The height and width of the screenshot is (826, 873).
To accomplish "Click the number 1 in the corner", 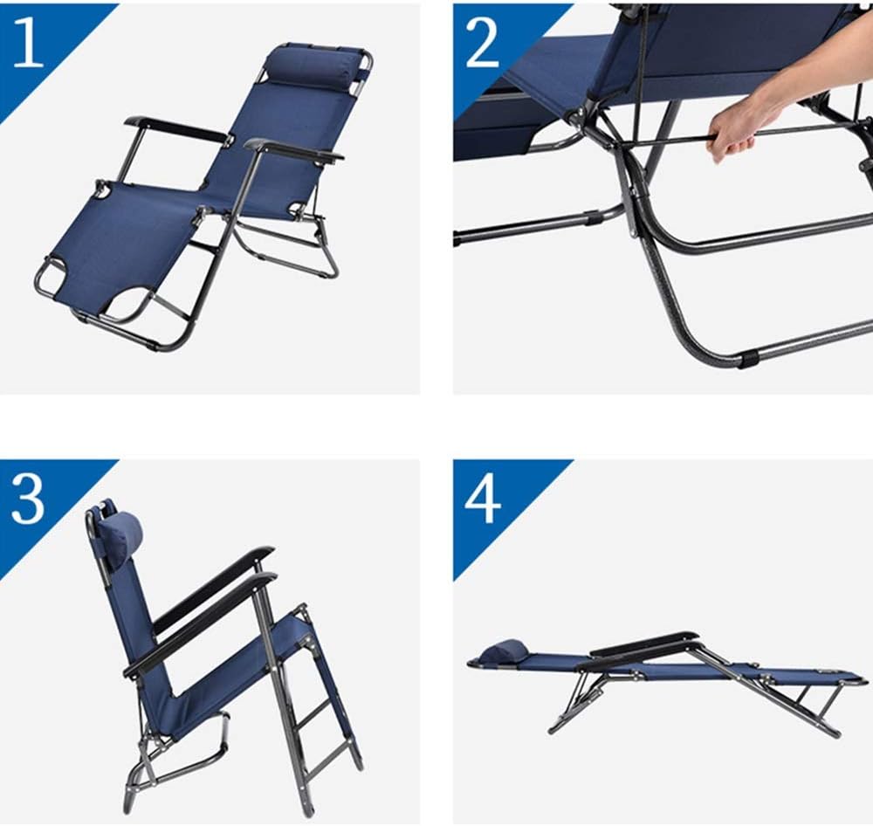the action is click(27, 42).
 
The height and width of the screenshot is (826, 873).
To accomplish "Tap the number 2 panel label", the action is click(482, 42).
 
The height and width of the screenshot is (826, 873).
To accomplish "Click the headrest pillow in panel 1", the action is click(315, 67).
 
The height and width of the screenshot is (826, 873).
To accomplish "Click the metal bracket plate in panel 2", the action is click(633, 211).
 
